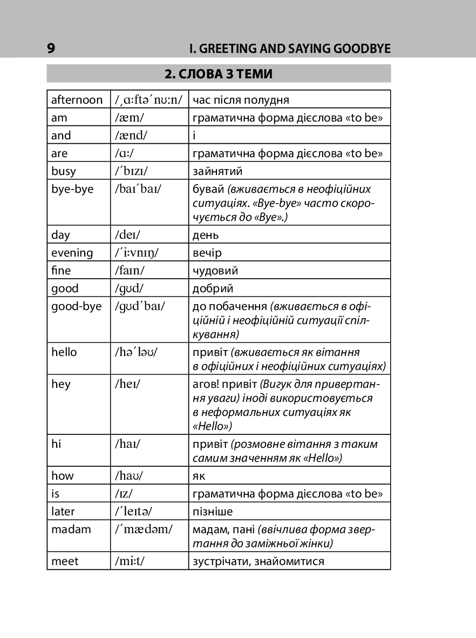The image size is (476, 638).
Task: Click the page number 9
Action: click(51, 49)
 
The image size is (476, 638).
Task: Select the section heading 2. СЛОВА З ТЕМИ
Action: click(219, 74)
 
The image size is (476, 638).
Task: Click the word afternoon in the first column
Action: click(77, 100)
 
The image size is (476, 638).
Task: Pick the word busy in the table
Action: click(64, 171)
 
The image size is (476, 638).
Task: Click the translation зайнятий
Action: click(217, 171)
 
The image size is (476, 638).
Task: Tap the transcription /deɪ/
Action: click(127, 235)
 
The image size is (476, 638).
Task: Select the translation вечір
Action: click(207, 253)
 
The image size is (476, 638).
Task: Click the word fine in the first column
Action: click(61, 271)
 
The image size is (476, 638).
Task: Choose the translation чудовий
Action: click(215, 271)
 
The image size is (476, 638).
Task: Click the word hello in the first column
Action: click(64, 352)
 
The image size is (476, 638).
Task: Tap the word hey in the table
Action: click(60, 384)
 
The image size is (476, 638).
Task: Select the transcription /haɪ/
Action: click(128, 444)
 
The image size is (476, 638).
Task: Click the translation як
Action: click(199, 476)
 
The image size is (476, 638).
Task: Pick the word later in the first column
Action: click(63, 511)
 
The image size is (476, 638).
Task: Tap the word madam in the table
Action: click(71, 529)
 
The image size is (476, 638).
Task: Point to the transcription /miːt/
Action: click(130, 561)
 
